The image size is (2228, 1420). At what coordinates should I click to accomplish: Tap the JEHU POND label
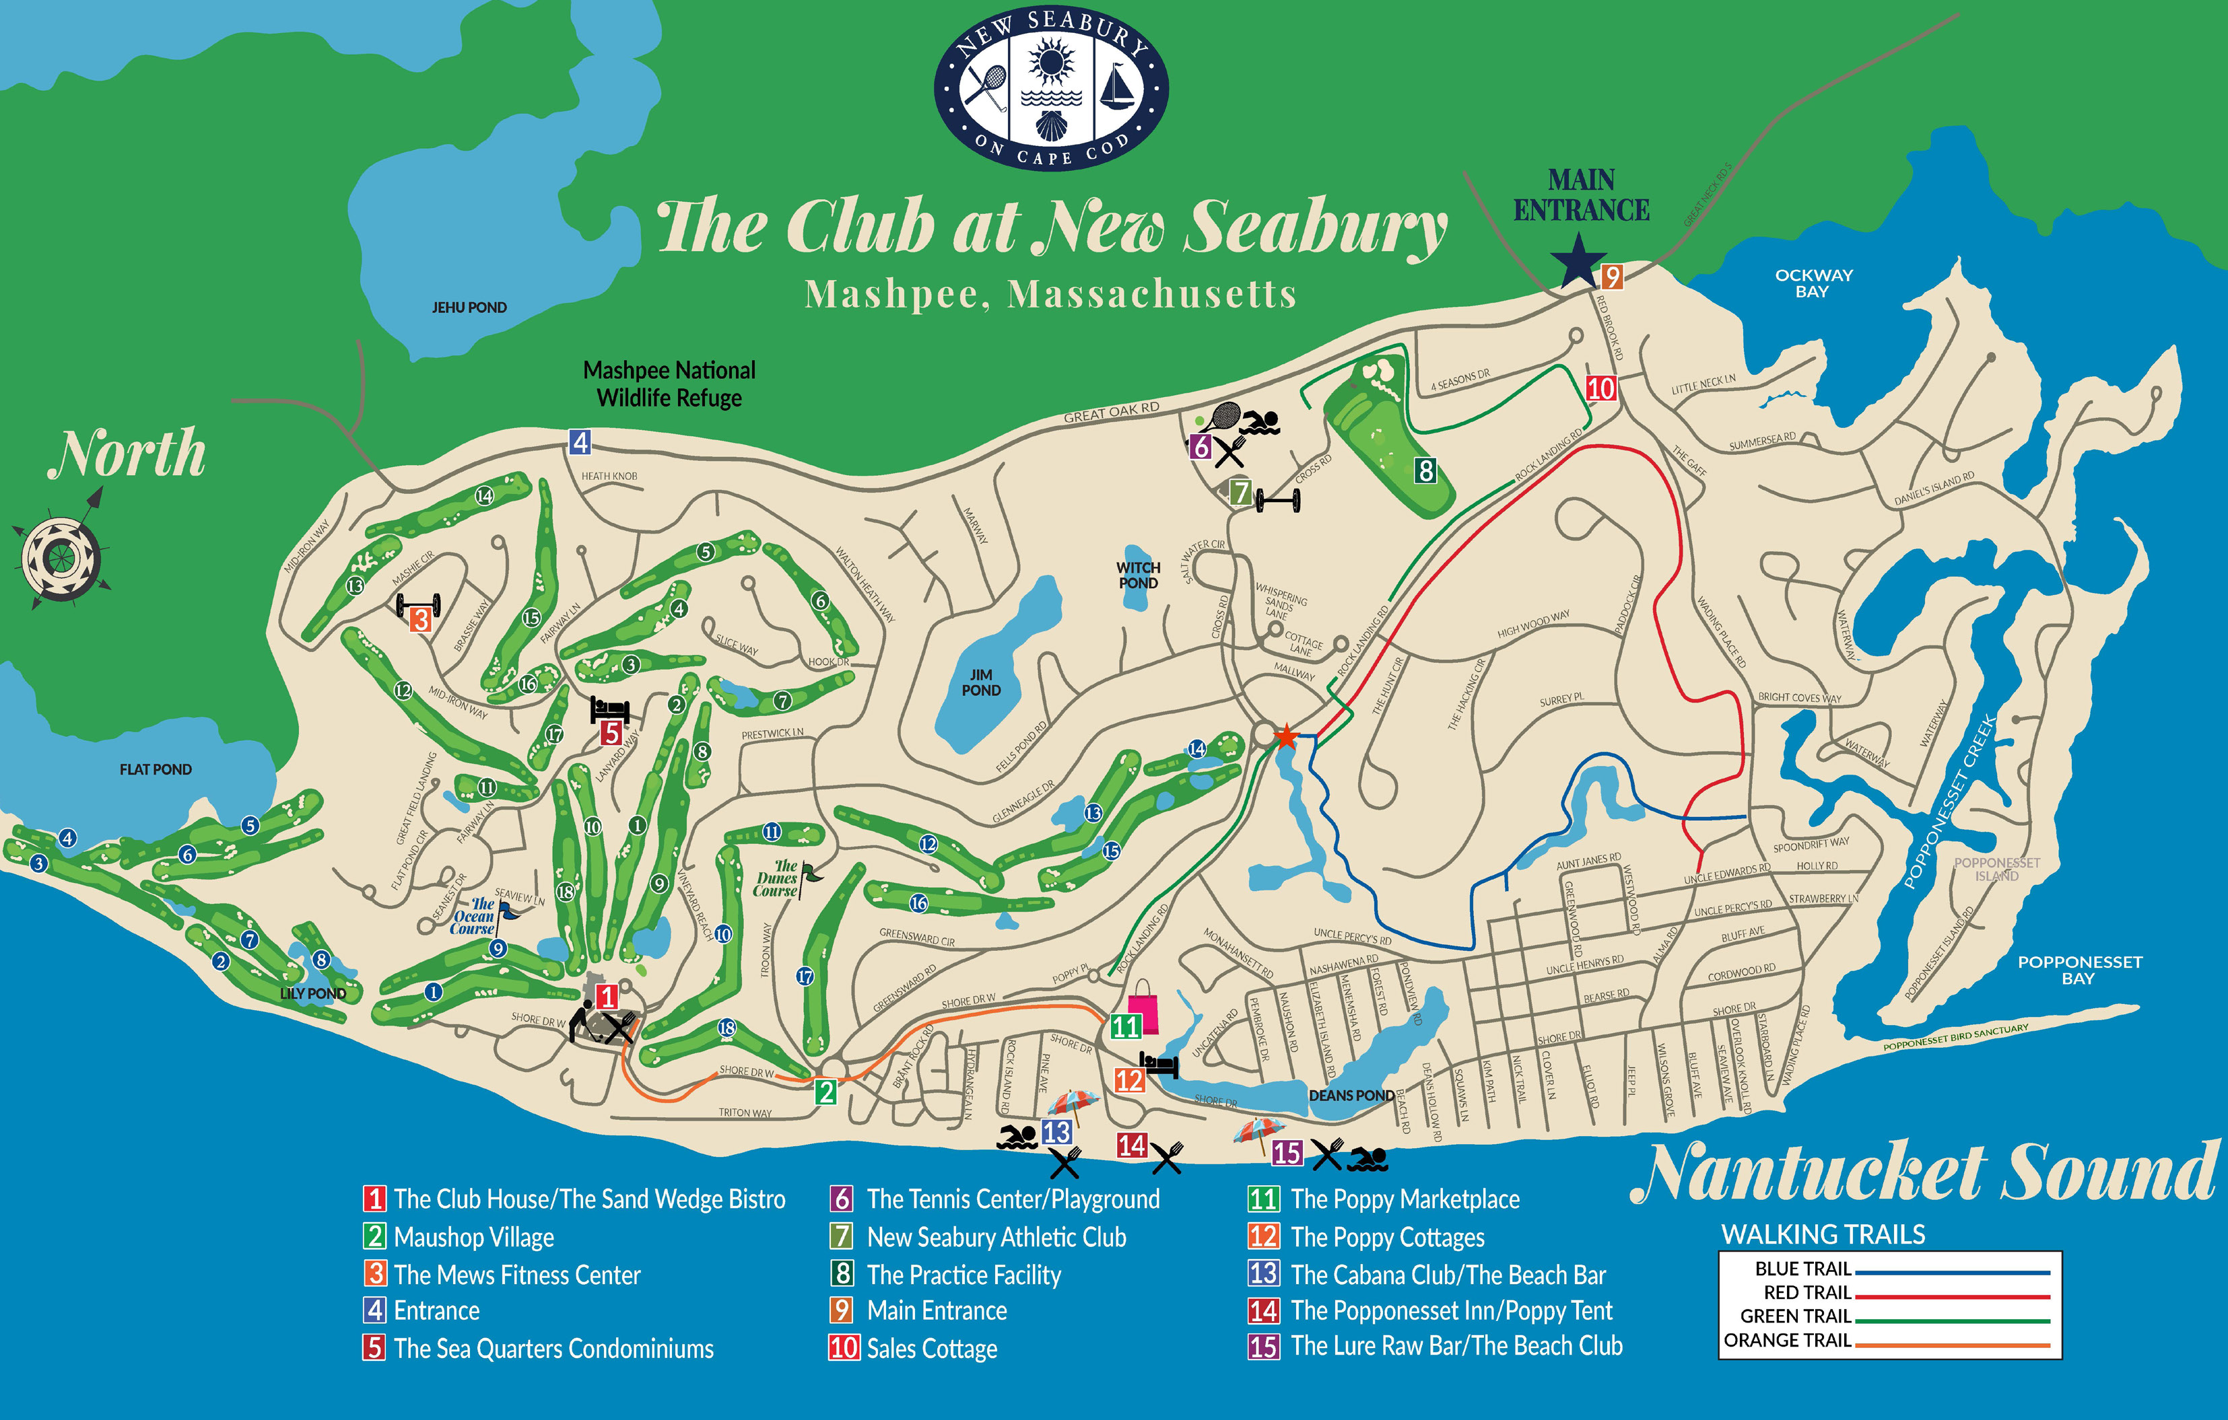pyautogui.click(x=469, y=307)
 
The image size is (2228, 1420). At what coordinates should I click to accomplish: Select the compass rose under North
pyautogui.click(x=61, y=558)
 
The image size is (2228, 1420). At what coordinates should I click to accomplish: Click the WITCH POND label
pyautogui.click(x=1138, y=575)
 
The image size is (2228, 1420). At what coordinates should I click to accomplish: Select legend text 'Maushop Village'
pyautogui.click(x=474, y=1237)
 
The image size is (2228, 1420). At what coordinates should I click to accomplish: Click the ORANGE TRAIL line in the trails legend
pyautogui.click(x=1952, y=1344)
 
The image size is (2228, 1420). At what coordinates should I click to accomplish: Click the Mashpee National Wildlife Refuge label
pyautogui.click(x=669, y=384)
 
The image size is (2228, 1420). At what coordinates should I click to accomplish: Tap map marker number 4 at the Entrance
pyautogui.click(x=580, y=442)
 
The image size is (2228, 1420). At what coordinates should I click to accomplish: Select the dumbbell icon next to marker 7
pyautogui.click(x=1278, y=501)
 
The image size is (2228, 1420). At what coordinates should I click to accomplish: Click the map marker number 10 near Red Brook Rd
pyautogui.click(x=1600, y=388)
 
